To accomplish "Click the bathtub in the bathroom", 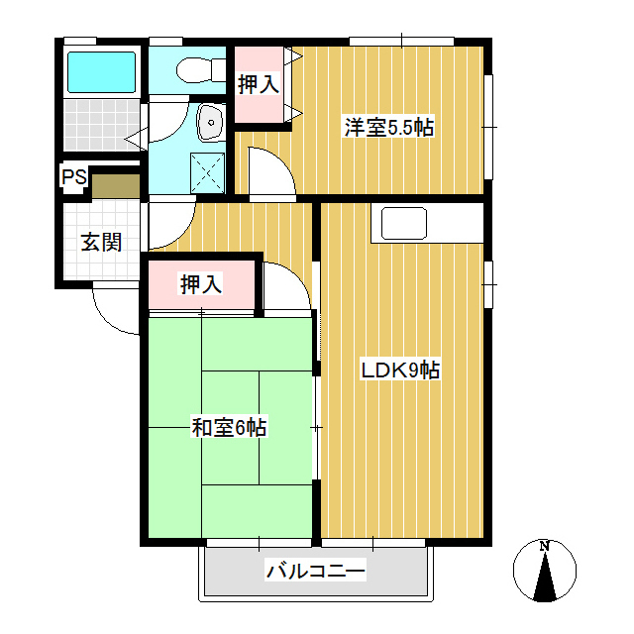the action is [101, 72].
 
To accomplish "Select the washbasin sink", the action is [210, 122].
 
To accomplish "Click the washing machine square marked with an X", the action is [207, 173].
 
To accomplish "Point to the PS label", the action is [74, 176].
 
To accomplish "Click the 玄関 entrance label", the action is [101, 242].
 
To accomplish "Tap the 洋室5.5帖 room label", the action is [389, 128].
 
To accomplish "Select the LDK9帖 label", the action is [400, 370].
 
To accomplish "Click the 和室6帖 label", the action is [229, 428].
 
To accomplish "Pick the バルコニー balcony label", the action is [315, 571].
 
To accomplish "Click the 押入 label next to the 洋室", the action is [259, 84].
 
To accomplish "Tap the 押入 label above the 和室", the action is [201, 284].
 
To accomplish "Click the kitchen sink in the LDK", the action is [404, 223].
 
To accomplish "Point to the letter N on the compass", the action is [545, 546].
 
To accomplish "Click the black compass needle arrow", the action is [545, 579].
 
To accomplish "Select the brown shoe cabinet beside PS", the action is [116, 186].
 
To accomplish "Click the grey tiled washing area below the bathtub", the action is [101, 125].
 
